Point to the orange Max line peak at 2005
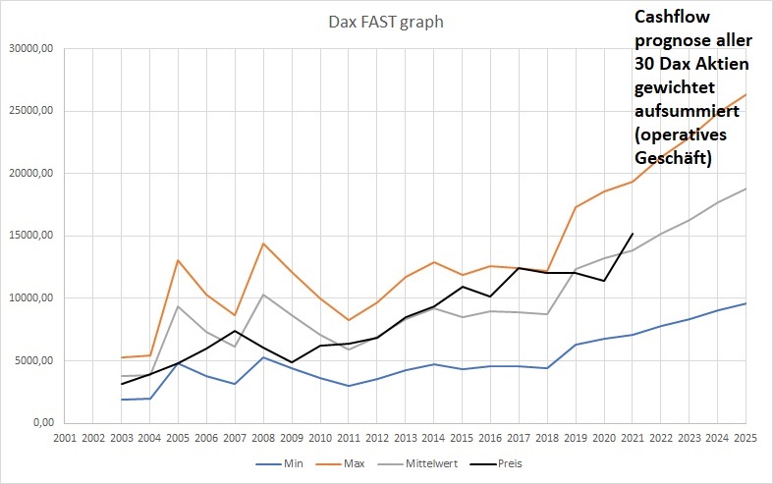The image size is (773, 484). pyautogui.click(x=178, y=260)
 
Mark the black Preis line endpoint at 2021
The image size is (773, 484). pyautogui.click(x=633, y=234)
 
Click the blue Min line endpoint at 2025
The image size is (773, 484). pyautogui.click(x=745, y=303)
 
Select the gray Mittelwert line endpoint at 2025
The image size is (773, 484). pyautogui.click(x=745, y=188)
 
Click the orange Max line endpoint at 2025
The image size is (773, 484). pyautogui.click(x=745, y=94)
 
